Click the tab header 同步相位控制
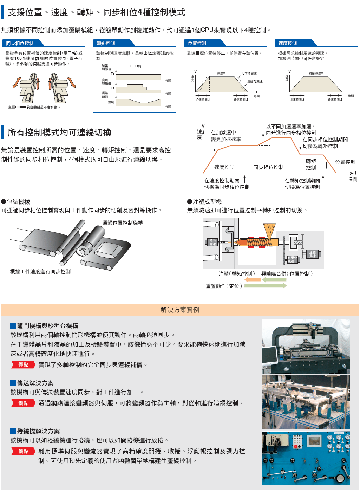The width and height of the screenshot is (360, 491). [20, 43]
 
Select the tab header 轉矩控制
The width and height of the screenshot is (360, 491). [106, 43]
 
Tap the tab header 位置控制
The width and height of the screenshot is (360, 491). [197, 43]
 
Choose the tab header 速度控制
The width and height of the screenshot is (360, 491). [287, 43]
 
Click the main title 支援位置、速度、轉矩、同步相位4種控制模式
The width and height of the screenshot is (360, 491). [97, 13]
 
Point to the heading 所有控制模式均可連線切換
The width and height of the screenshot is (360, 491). [60, 133]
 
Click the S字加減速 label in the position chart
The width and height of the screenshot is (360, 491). [249, 74]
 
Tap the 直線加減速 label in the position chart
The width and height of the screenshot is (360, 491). [255, 82]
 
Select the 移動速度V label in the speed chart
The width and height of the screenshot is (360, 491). [316, 73]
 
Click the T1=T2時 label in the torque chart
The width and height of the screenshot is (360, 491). [135, 66]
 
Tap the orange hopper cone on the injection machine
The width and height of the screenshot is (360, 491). [269, 230]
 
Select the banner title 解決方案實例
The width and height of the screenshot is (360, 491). [180, 310]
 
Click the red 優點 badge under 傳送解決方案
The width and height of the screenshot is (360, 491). [24, 403]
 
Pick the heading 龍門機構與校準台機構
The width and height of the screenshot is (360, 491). [47, 326]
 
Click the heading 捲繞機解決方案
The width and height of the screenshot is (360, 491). [38, 431]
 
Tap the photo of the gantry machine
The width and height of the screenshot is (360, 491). [306, 347]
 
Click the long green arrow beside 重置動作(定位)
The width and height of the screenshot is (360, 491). [265, 286]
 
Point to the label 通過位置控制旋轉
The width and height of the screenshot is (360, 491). [123, 223]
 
